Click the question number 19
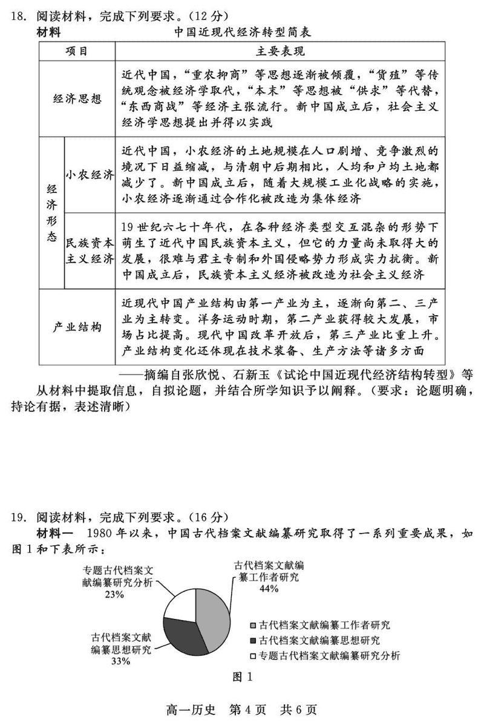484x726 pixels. (x=18, y=517)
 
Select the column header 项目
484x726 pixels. (x=77, y=51)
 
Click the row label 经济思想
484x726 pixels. (x=77, y=100)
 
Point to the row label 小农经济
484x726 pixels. (x=90, y=175)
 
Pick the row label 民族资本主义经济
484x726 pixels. (x=90, y=251)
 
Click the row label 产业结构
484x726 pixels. (x=77, y=327)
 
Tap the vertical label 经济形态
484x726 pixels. (x=51, y=213)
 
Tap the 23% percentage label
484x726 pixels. (x=114, y=594)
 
